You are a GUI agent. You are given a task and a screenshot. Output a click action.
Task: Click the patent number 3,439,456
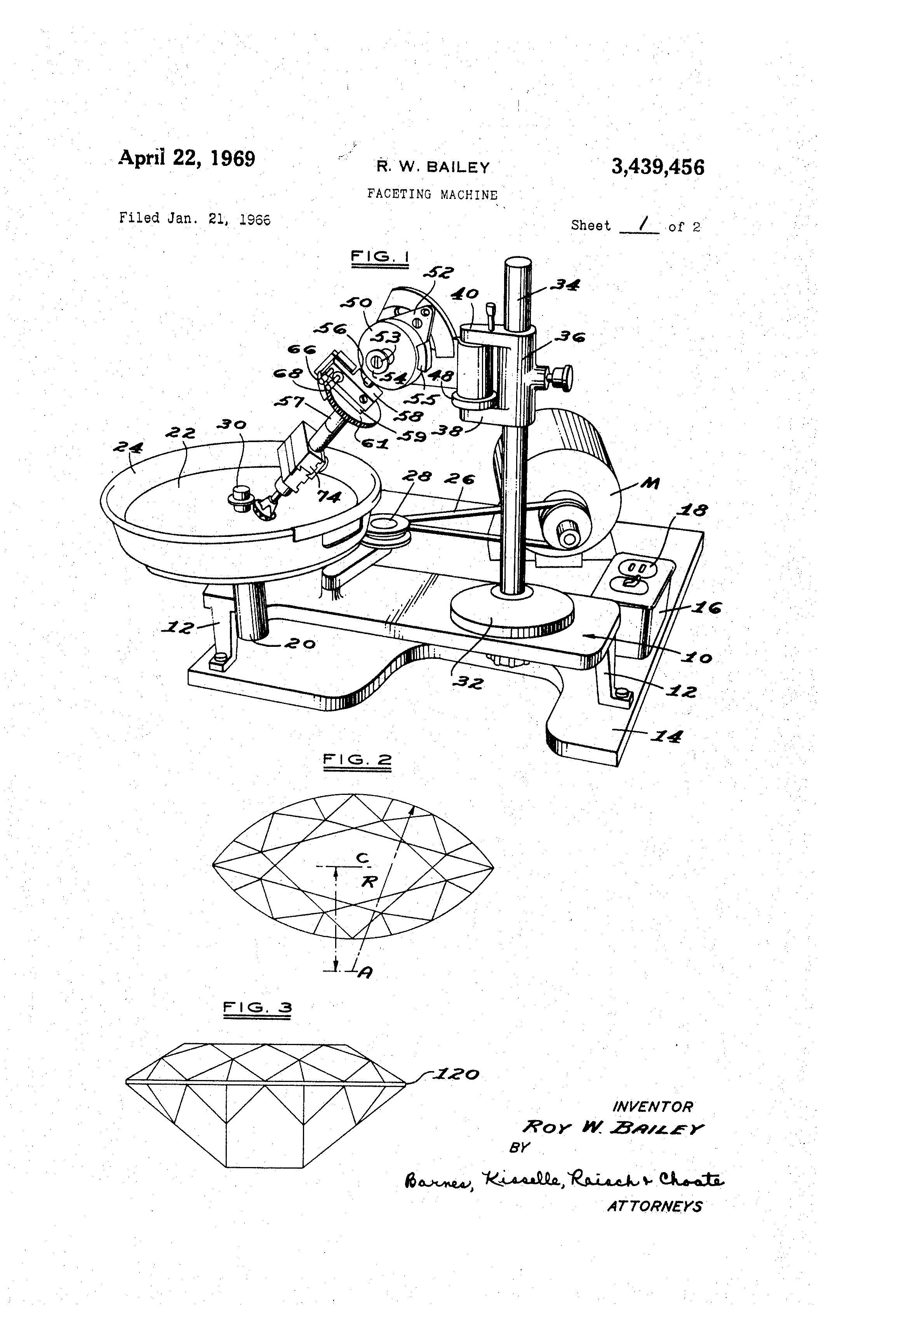(658, 167)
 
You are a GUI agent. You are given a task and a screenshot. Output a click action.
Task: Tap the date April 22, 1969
(187, 158)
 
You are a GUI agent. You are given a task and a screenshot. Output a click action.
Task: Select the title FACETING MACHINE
(432, 194)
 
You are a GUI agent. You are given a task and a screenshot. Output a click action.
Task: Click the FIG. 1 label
(380, 256)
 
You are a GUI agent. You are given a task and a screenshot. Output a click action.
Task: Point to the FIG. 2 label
(357, 760)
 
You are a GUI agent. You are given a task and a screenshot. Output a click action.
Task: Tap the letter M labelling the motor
(650, 484)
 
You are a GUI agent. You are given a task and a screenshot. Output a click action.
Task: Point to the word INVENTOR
(652, 1107)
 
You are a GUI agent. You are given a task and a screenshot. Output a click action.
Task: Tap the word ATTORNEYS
(654, 1206)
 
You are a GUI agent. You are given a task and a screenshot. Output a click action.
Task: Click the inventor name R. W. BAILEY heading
(433, 167)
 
